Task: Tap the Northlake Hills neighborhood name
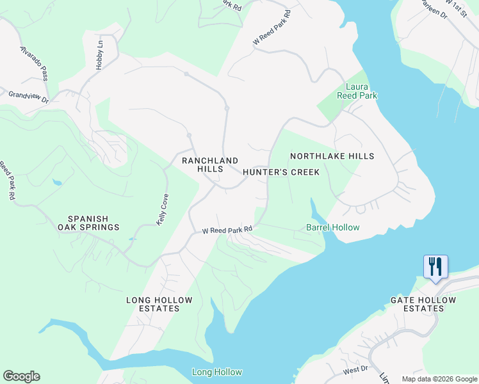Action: coord(332,156)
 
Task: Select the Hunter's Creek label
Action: coord(280,172)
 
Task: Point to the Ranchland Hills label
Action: coord(210,164)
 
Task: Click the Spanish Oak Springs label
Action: coord(88,223)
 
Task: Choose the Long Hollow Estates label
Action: coord(152,304)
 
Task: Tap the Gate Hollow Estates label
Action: coord(423,304)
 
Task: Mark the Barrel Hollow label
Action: coord(332,227)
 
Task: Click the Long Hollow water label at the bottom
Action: coord(217,372)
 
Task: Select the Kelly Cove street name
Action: coord(163,209)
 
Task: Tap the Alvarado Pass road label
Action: coord(34,63)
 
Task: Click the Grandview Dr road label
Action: coord(28,97)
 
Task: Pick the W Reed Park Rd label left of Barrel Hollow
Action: coord(227,229)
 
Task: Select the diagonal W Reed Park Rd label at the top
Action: coord(272,27)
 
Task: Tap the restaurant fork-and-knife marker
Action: coord(435,266)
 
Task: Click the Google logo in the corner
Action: coord(21,376)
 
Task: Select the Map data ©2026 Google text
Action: coord(439,379)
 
